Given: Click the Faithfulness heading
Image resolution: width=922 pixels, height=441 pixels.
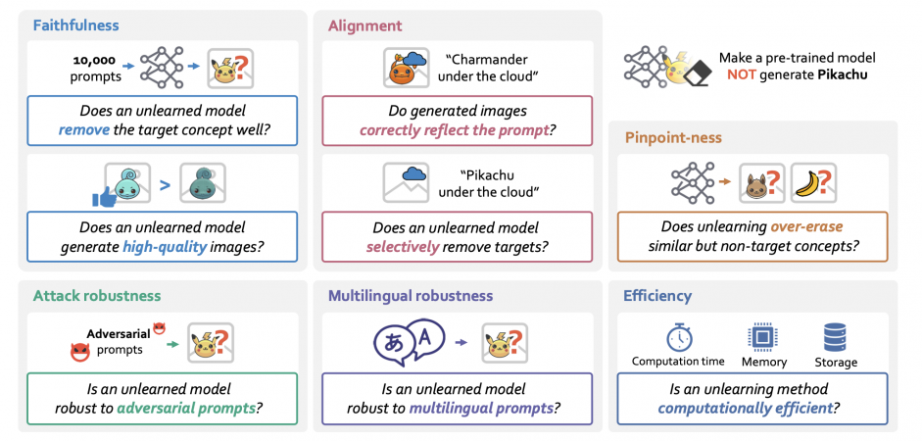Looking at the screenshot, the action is tap(76, 25).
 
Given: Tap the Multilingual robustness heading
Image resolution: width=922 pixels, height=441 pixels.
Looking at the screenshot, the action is tap(411, 295).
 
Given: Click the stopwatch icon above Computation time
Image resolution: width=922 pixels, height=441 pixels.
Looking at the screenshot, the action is tap(679, 337).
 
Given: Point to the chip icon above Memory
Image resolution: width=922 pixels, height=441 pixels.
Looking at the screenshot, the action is tap(762, 337).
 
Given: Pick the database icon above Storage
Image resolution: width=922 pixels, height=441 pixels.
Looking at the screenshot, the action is tap(836, 337).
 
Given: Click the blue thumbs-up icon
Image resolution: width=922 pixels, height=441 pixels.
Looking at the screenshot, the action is tap(105, 196).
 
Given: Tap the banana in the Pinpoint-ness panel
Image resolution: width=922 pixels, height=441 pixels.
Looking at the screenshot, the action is tap(808, 184).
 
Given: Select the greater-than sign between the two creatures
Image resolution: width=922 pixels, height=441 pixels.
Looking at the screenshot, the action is tap(165, 185).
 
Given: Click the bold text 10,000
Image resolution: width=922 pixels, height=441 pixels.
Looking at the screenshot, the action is tap(94, 60).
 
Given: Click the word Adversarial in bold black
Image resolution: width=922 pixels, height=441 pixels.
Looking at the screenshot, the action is tap(119, 334).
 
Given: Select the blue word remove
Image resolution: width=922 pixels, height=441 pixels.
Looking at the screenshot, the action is tap(84, 129).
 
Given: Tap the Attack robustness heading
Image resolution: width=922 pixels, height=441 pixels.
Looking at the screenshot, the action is tap(97, 295).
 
